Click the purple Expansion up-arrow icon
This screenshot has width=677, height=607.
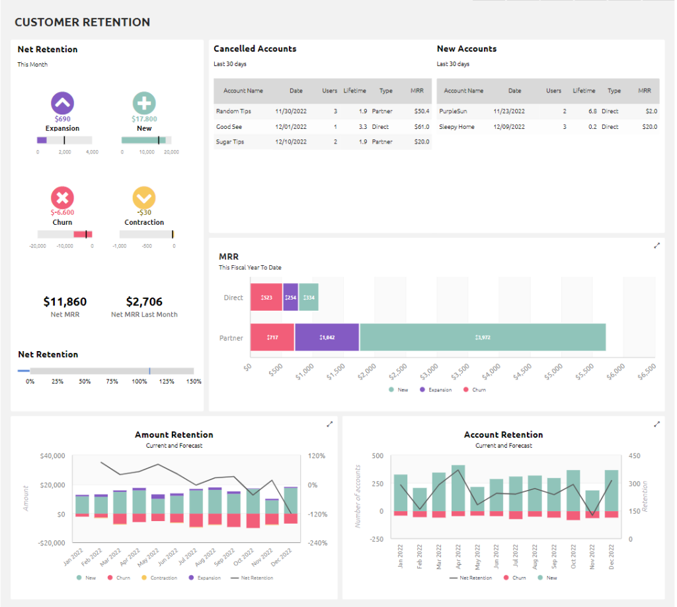(62, 102)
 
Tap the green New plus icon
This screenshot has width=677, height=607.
(144, 102)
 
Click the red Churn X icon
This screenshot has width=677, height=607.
(62, 197)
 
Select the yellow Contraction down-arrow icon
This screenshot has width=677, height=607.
(144, 197)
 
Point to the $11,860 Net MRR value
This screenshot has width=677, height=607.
(65, 302)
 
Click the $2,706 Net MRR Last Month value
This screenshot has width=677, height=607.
(144, 302)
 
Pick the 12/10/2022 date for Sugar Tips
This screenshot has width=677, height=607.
(290, 142)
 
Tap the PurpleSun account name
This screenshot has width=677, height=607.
(453, 111)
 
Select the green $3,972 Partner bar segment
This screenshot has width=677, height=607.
(483, 337)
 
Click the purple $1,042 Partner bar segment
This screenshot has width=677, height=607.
(327, 337)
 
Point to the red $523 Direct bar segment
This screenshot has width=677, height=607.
(266, 298)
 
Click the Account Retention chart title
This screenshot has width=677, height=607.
(503, 434)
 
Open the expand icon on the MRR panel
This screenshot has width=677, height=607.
(657, 245)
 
